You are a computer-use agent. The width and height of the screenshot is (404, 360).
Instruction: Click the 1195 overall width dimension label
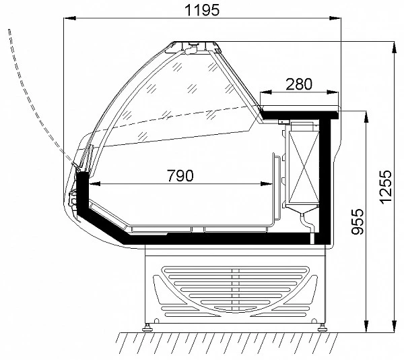coord(202,10)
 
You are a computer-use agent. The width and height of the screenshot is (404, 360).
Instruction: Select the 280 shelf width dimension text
coord(299,84)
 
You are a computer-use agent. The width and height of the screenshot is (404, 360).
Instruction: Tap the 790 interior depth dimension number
coord(180,175)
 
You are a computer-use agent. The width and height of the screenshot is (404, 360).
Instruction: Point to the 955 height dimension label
coord(358,222)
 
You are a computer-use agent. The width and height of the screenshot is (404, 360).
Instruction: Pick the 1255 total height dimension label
coord(386,187)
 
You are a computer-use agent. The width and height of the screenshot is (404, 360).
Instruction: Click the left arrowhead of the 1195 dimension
coord(69,18)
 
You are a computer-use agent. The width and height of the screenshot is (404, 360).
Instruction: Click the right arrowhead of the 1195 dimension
coord(335,18)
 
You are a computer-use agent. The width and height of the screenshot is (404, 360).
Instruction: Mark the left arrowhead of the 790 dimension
coord(94,184)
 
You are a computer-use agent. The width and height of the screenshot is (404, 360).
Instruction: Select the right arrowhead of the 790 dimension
coord(267,184)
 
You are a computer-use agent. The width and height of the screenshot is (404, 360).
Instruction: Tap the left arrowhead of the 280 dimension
coord(266,92)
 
